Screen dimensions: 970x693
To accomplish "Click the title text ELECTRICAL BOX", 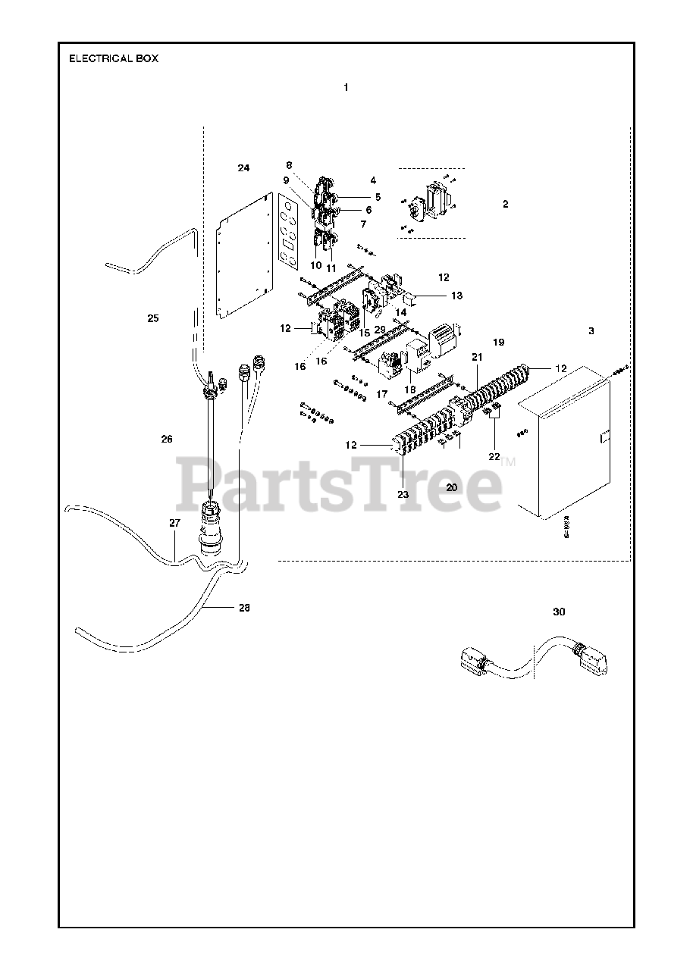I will [x=114, y=58].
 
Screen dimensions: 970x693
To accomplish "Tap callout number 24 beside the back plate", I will [x=243, y=167].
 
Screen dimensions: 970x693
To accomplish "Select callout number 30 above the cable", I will [x=559, y=612].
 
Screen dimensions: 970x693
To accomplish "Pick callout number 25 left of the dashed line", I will [x=153, y=318].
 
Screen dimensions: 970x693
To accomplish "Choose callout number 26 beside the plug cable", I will [x=167, y=439].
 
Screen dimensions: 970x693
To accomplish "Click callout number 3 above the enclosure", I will [x=591, y=331].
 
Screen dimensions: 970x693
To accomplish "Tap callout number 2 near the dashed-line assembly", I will [x=505, y=204].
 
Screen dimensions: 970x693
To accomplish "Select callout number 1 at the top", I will [x=346, y=88].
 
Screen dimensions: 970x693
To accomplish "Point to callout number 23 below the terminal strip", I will [x=403, y=494].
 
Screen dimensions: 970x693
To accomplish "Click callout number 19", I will [x=498, y=343].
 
